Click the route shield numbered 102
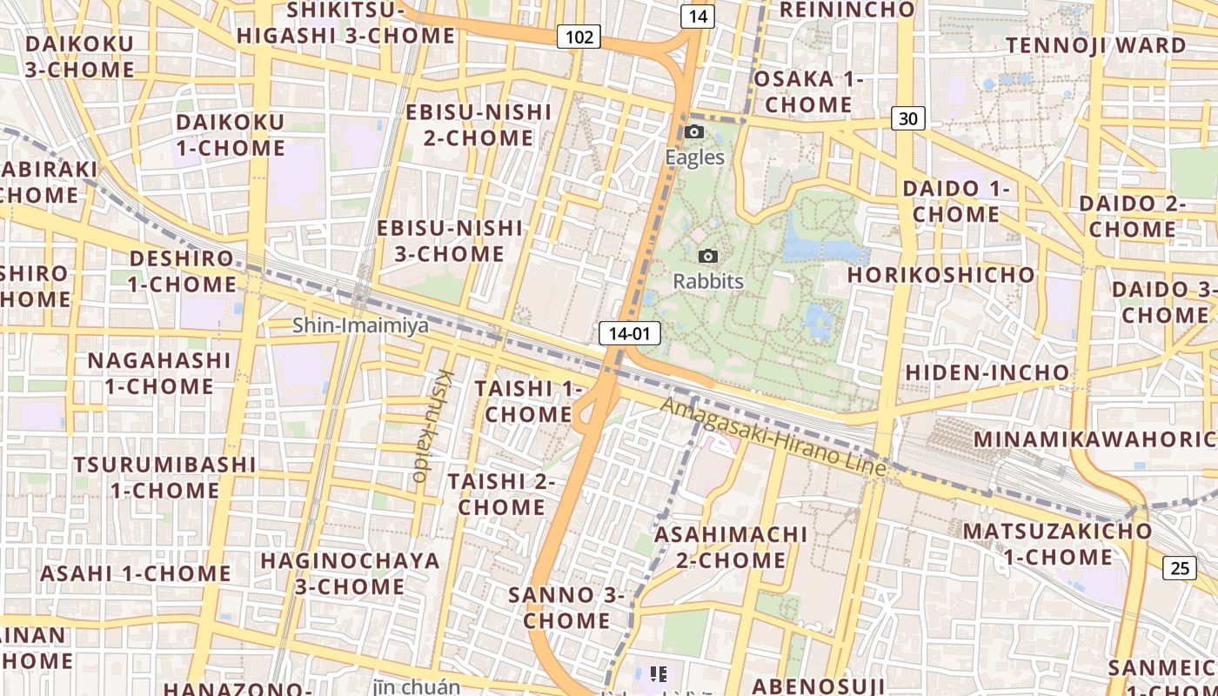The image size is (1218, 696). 579,37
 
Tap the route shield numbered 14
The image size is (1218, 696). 698,16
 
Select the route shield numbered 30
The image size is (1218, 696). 907,118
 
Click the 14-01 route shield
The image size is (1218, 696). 630,333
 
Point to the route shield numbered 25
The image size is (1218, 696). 1180,568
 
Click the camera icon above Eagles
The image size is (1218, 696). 694,132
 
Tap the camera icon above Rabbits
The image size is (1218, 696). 708,256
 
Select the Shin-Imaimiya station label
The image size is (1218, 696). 360,325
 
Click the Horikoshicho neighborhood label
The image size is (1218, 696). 941,275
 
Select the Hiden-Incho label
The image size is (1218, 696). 987,372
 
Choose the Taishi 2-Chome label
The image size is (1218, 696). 501,493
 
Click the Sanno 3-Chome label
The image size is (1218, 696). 566,607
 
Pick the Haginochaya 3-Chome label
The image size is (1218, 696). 350,572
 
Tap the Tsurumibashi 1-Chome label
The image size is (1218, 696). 164,477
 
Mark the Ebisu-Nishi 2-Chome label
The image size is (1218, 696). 478,124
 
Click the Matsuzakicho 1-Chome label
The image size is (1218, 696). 1057,543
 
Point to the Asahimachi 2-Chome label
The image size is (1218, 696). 731,546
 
